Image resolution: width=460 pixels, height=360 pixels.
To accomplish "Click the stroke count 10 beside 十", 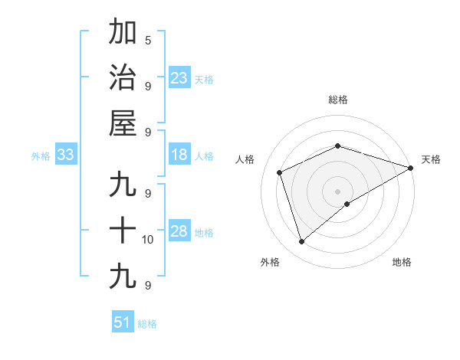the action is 148,240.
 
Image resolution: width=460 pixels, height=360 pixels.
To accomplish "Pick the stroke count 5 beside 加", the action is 148,40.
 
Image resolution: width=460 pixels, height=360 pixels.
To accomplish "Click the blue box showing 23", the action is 179,77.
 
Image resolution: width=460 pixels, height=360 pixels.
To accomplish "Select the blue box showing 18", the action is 179,155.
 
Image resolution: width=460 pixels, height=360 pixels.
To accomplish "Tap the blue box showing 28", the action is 179,231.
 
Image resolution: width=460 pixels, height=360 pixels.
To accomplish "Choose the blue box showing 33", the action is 65,155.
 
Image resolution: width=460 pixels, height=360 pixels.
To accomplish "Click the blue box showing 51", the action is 123,322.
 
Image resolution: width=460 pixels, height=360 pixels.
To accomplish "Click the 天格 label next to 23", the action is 204,79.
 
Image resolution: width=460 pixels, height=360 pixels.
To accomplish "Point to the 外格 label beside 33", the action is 41,155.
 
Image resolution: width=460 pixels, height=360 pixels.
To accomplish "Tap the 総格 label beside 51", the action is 147,324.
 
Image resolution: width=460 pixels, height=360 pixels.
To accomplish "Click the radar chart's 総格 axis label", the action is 338,100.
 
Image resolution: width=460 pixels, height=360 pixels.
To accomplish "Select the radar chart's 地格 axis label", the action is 402,262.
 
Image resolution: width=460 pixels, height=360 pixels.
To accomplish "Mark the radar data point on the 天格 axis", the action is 411,168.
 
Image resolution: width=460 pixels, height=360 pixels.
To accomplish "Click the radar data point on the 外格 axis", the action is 301,242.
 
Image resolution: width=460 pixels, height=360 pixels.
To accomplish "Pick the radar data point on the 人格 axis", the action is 280,172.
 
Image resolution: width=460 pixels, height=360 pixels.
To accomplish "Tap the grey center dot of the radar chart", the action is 338,191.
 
